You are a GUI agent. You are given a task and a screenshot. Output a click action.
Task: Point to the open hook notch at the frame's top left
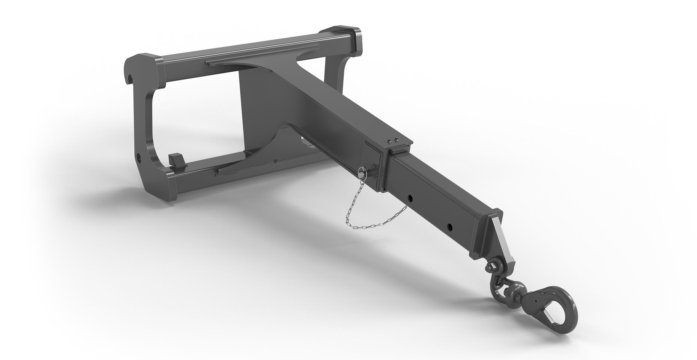pyautogui.click(x=130, y=79)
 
